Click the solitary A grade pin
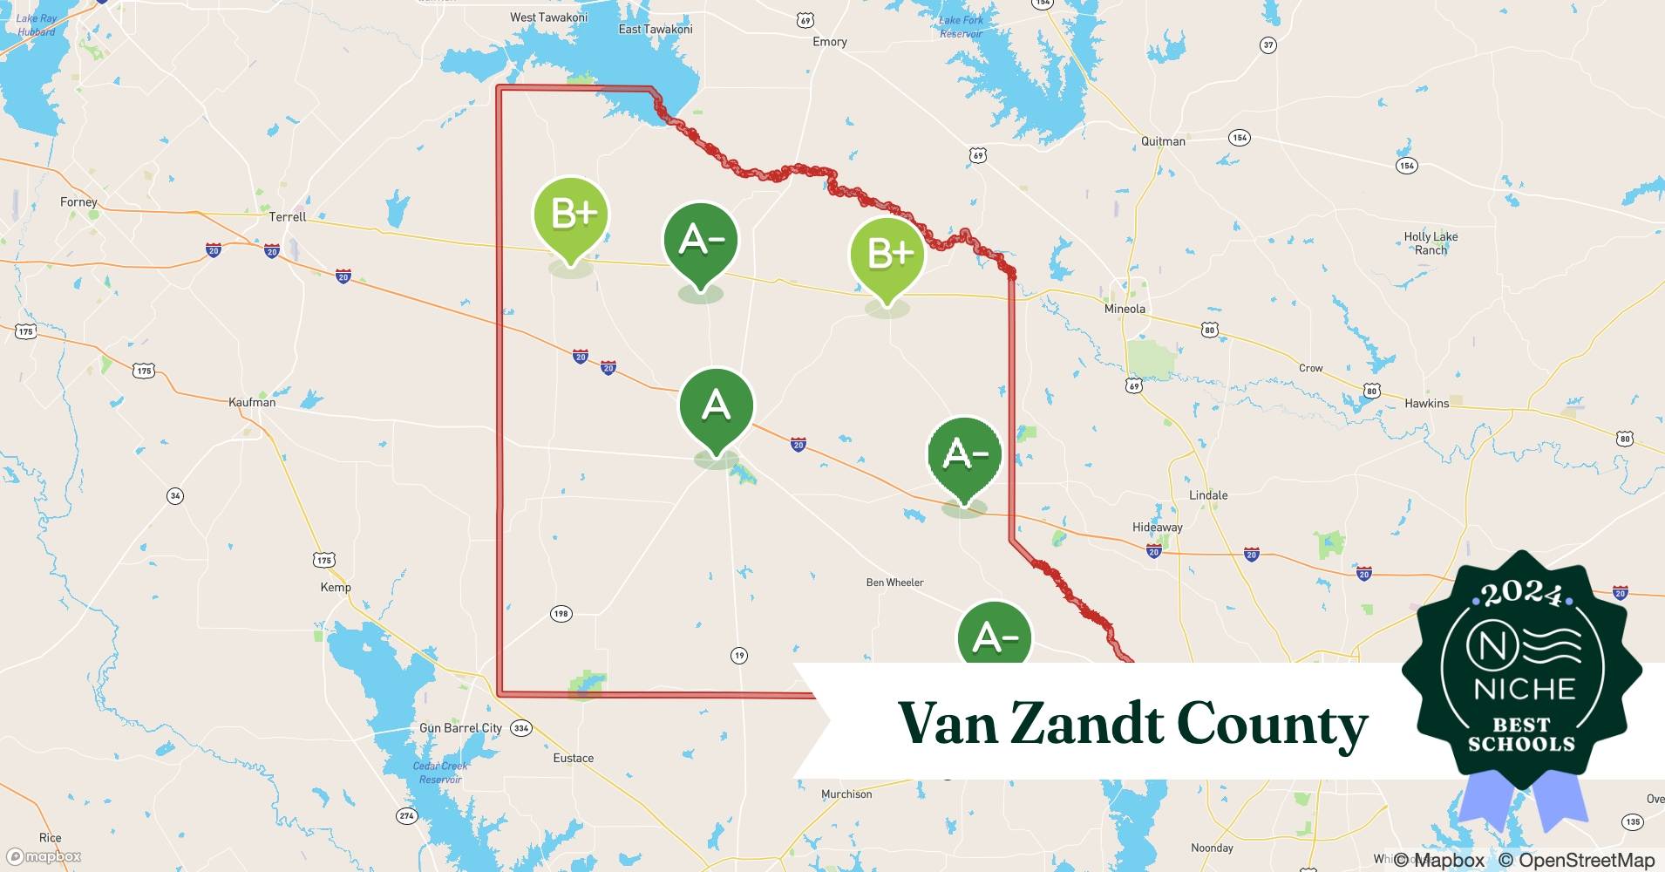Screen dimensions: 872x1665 (716, 406)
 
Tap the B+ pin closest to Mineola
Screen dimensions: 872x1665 (887, 255)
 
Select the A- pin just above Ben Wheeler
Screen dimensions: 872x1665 (964, 454)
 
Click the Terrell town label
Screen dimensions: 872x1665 (288, 216)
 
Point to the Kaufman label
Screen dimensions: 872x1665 (252, 402)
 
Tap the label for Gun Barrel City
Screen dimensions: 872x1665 (460, 728)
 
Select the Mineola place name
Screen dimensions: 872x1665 (1125, 309)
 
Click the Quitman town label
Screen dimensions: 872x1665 (1163, 141)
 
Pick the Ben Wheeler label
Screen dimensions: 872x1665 (894, 582)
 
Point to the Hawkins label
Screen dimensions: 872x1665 (1426, 403)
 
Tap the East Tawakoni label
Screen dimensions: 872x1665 (656, 30)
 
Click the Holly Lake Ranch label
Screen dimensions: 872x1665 (1431, 243)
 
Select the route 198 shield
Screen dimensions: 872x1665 (561, 614)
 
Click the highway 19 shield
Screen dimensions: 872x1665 (739, 656)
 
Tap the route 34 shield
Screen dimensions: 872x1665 (175, 496)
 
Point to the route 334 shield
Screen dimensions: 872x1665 (520, 728)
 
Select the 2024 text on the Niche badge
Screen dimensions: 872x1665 (1522, 596)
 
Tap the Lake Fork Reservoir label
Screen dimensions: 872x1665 (961, 27)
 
